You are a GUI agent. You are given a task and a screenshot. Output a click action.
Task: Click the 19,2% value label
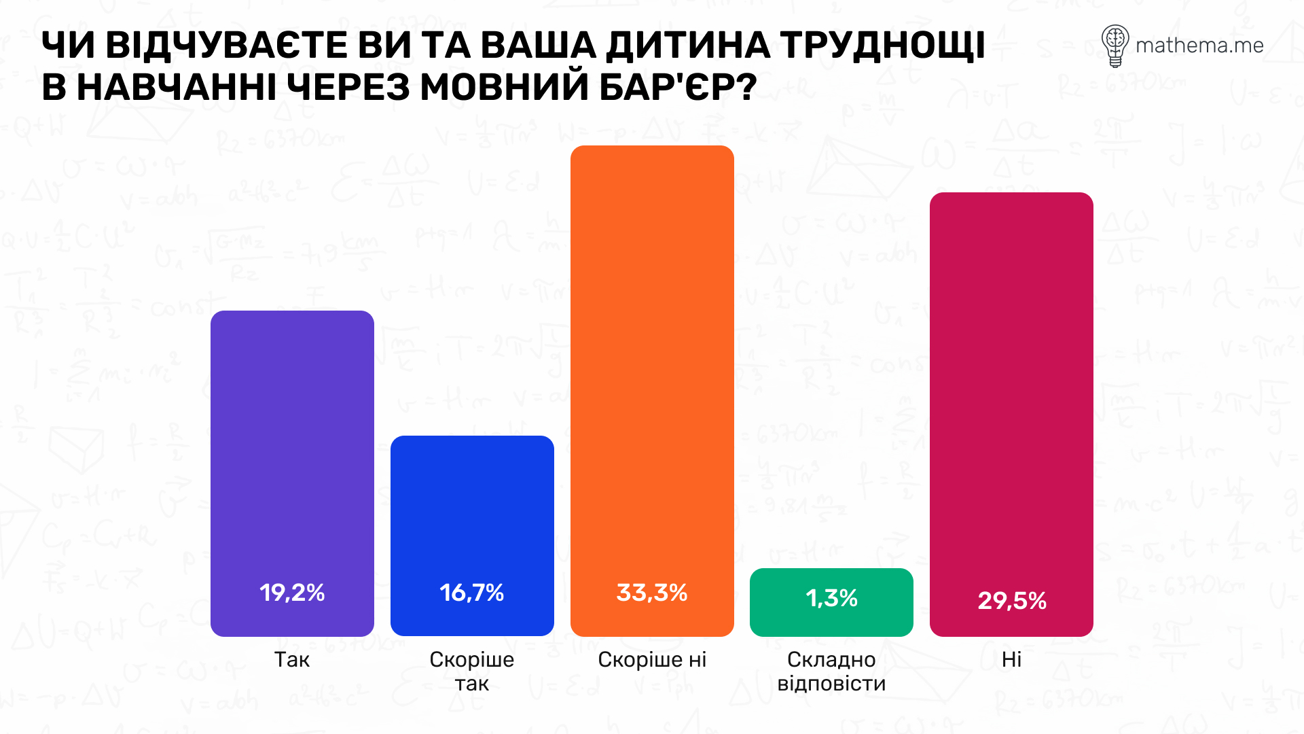click(292, 593)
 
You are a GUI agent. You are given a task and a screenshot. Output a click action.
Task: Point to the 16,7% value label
click(472, 593)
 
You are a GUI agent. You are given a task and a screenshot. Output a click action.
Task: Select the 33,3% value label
click(652, 593)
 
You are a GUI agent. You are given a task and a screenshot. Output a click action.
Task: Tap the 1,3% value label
click(831, 598)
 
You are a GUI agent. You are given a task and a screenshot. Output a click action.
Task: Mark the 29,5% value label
click(1012, 601)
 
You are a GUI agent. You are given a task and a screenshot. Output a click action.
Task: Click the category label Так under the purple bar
click(292, 659)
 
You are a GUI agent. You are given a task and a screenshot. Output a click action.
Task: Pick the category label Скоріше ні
click(652, 659)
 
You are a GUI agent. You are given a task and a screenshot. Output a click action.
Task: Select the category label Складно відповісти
click(831, 671)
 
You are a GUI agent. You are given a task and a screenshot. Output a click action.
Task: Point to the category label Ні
click(1011, 659)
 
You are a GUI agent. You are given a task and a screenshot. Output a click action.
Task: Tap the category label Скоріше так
click(472, 671)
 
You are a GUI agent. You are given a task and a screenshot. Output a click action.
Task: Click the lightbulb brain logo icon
click(1115, 46)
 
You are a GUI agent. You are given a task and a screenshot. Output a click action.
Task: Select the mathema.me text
click(1199, 46)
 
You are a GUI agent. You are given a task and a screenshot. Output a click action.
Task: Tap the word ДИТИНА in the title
click(688, 46)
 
